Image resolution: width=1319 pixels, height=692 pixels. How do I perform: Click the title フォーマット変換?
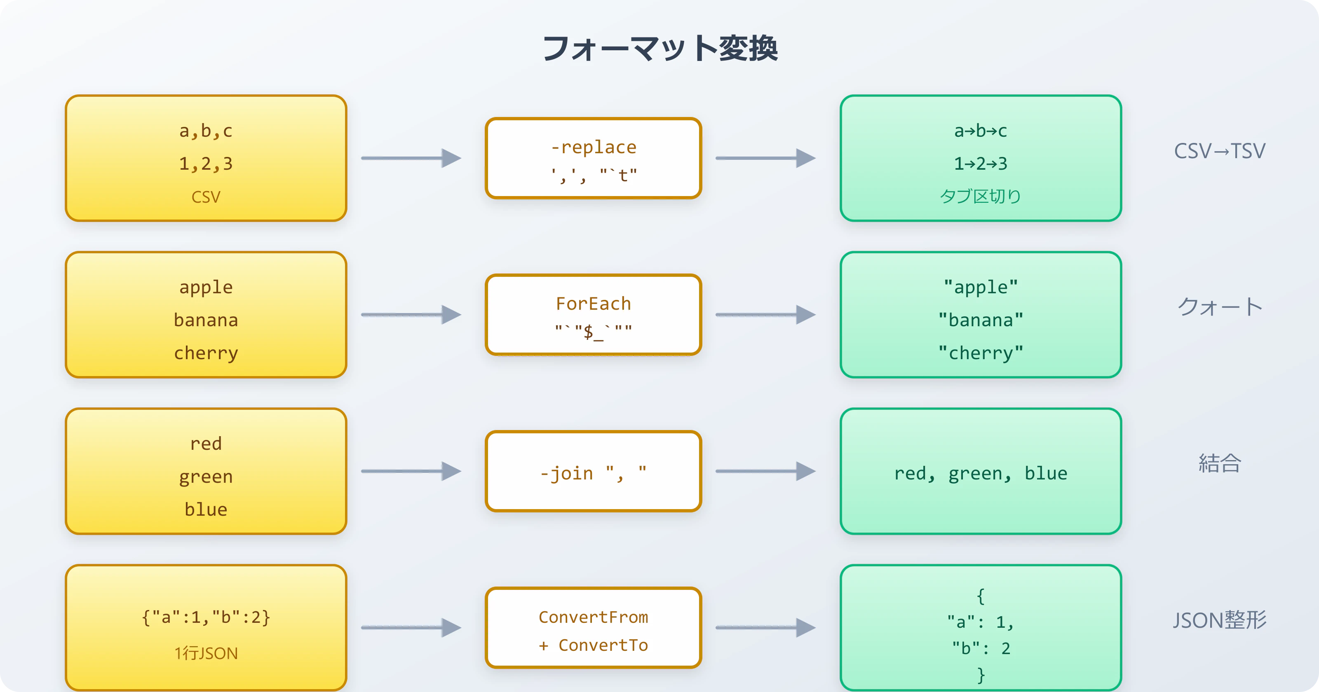pyautogui.click(x=659, y=49)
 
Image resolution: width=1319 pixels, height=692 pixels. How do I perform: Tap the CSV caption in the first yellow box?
pyautogui.click(x=206, y=197)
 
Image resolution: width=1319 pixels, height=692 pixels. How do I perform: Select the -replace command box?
pyautogui.click(x=593, y=159)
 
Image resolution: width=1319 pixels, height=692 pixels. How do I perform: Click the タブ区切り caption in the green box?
pyautogui.click(x=980, y=196)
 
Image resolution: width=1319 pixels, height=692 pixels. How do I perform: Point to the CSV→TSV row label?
pyautogui.click(x=1219, y=152)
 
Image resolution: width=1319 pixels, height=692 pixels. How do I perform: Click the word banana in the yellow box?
pyautogui.click(x=206, y=320)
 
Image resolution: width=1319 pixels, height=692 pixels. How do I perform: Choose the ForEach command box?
pyautogui.click(x=593, y=315)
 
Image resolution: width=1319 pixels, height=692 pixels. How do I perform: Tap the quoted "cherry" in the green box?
pyautogui.click(x=980, y=353)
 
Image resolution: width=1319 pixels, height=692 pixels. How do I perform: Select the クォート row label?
pyautogui.click(x=1219, y=307)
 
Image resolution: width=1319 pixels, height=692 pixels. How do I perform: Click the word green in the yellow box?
pyautogui.click(x=206, y=477)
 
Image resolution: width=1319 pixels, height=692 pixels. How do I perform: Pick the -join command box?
pyautogui.click(x=593, y=471)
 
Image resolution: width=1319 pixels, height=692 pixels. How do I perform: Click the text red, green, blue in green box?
pyautogui.click(x=980, y=473)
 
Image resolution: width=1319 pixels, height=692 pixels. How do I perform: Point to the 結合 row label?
pyautogui.click(x=1219, y=463)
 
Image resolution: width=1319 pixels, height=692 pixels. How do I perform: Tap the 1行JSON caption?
pyautogui.click(x=206, y=654)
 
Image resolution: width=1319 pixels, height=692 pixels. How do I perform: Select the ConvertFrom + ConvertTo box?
pyautogui.click(x=593, y=628)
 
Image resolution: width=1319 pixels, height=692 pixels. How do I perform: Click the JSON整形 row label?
pyautogui.click(x=1219, y=620)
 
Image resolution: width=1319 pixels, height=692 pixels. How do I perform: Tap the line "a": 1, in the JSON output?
pyautogui.click(x=980, y=622)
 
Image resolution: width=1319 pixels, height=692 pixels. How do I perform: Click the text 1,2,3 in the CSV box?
pyautogui.click(x=206, y=164)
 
